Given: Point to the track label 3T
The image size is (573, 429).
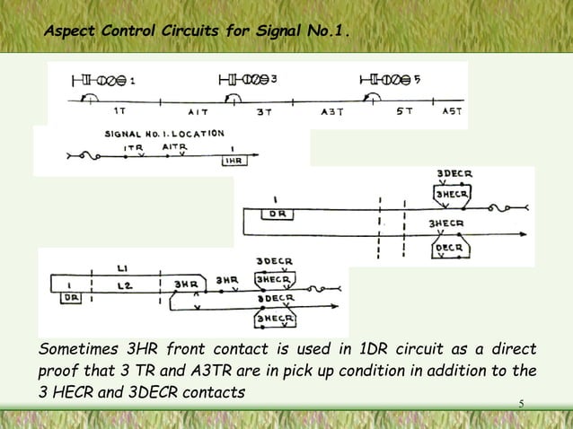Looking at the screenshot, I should point(264,112).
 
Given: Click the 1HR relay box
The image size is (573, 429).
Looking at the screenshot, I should point(232,162).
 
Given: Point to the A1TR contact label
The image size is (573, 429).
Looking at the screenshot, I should point(175,145).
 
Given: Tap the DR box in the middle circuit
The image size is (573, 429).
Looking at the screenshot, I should point(277,214).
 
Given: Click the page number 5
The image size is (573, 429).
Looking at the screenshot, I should point(520,401).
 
